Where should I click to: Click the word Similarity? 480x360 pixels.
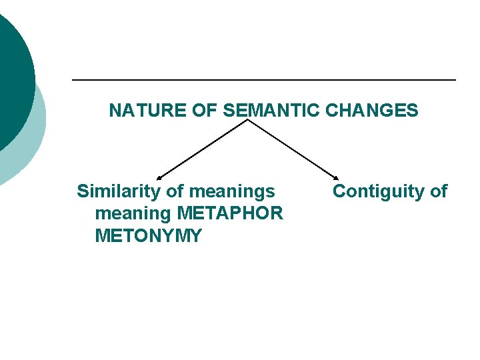pos(119,192)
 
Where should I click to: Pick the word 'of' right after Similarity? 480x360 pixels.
pos(175,192)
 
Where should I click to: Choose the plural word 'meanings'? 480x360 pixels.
pos(232,192)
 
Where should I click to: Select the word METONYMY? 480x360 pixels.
pos(148,236)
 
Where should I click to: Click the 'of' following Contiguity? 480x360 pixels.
pos(438,192)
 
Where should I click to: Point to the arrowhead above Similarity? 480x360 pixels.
pos(159,177)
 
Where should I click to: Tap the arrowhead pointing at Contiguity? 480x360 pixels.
pos(336,177)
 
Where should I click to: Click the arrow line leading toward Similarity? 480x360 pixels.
pos(203,148)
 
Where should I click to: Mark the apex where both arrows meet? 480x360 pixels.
pos(247,120)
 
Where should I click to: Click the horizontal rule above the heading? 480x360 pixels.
pos(263,80)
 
